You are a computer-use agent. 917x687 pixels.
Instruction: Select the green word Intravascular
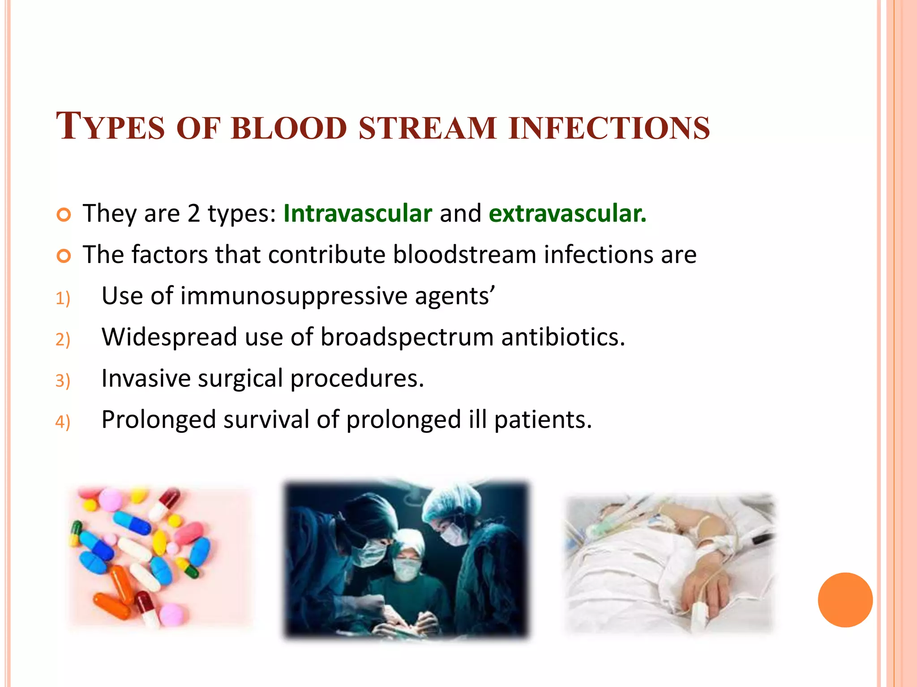[357, 213]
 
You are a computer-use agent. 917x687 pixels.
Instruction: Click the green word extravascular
[567, 213]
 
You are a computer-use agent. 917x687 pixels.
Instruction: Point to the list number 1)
[63, 298]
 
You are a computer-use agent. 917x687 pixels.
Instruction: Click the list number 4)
[63, 422]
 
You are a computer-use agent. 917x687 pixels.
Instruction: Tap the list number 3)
[63, 381]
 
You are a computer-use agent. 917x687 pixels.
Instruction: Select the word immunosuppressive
[294, 297]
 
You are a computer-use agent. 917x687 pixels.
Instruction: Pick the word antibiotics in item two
[562, 338]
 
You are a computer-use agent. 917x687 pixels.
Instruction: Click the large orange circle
[845, 600]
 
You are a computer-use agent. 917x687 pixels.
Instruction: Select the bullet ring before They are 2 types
[64, 215]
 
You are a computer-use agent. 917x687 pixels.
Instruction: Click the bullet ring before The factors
[64, 256]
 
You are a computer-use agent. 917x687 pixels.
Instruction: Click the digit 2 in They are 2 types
[193, 213]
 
